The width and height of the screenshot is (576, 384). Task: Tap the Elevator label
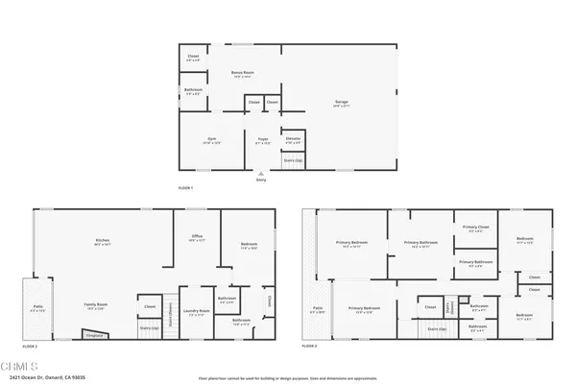click(293, 140)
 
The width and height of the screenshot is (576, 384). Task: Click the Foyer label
click(261, 141)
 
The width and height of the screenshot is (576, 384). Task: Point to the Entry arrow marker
click(260, 174)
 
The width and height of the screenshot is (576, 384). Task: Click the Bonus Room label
click(242, 73)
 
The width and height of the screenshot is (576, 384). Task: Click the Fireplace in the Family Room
click(94, 335)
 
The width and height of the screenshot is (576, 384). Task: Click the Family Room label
click(96, 306)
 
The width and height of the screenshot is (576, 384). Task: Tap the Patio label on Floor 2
click(36, 310)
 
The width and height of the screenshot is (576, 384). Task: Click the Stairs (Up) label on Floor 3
click(435, 328)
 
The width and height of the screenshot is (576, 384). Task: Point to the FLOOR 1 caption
click(185, 187)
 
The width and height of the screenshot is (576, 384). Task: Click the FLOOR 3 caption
click(310, 346)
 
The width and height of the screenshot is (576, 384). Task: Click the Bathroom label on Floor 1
click(192, 92)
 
